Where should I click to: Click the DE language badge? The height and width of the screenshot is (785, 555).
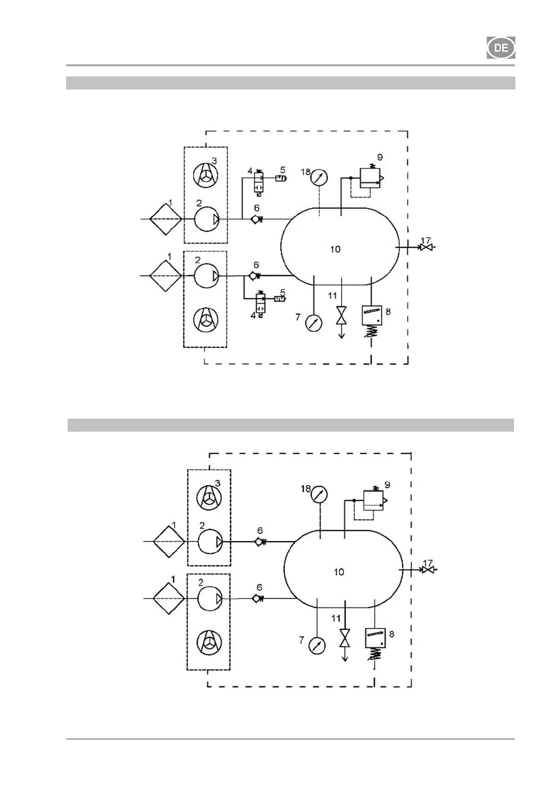(x=501, y=48)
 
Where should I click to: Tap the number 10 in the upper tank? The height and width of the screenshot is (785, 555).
(x=336, y=249)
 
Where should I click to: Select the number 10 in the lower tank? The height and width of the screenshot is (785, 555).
(x=339, y=572)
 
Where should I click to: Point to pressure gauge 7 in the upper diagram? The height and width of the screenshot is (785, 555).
(x=314, y=323)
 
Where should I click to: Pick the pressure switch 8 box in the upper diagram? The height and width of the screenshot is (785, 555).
(x=372, y=316)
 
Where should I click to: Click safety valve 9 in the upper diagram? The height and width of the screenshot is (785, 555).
(x=370, y=178)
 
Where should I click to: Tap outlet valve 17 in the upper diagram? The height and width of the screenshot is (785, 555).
(x=426, y=248)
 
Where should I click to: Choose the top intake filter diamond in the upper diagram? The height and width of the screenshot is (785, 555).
(x=166, y=219)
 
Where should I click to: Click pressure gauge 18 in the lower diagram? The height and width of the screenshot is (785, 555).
(x=319, y=495)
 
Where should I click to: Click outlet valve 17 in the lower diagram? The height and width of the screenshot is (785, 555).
(x=427, y=570)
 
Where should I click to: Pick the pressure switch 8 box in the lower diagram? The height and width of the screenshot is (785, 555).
(x=375, y=638)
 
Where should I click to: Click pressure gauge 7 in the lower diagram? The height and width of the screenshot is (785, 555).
(x=317, y=646)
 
